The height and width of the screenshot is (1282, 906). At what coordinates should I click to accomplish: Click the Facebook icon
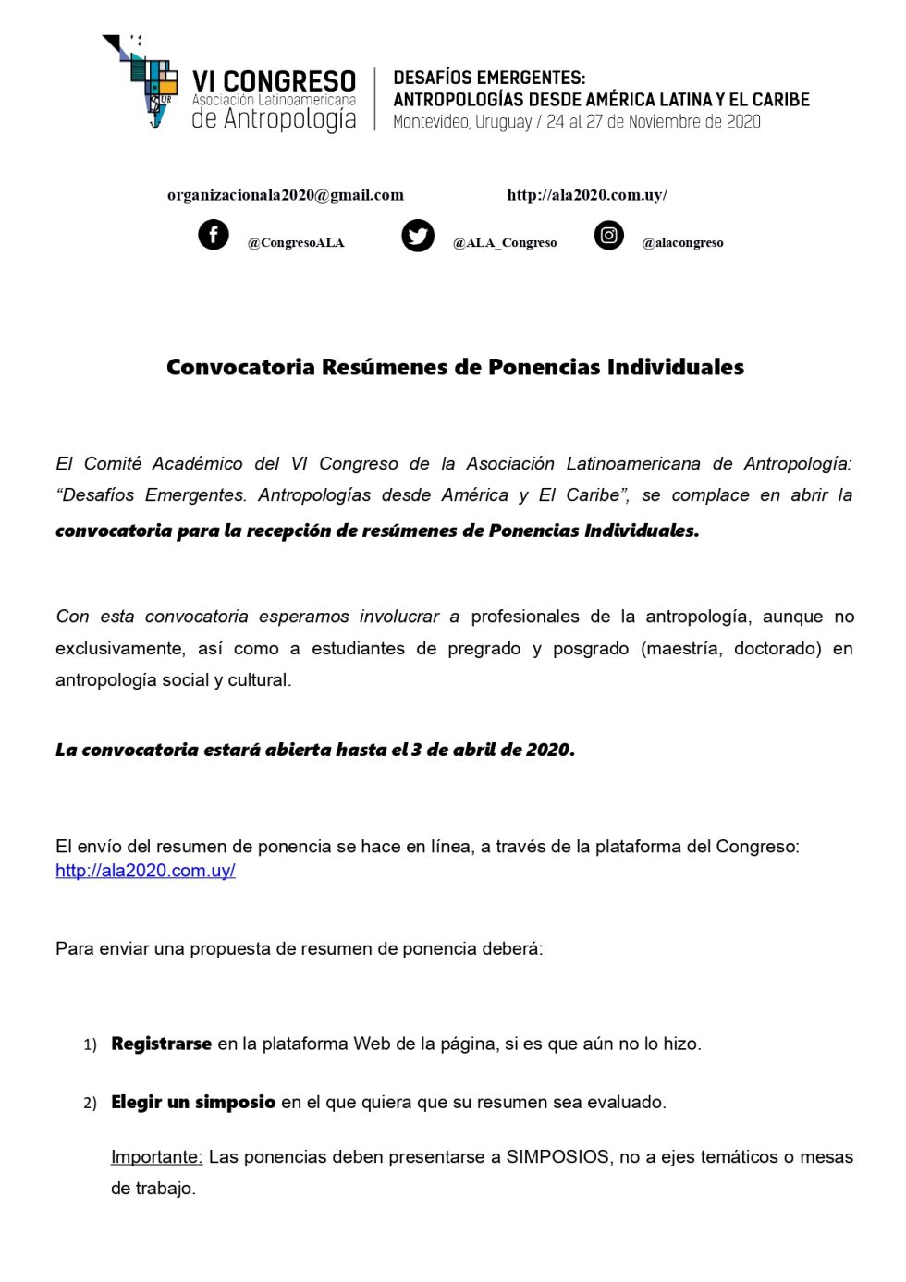click(x=214, y=235)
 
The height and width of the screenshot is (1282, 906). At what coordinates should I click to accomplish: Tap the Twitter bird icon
click(x=418, y=236)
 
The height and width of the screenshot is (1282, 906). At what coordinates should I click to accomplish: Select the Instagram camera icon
click(x=608, y=236)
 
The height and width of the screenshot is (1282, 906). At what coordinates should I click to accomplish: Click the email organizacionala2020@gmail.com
click(x=285, y=195)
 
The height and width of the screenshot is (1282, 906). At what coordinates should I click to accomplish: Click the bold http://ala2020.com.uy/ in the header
click(x=587, y=195)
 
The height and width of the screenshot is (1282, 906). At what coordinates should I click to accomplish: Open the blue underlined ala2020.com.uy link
click(x=145, y=871)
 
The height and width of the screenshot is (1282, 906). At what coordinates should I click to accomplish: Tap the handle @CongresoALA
click(x=296, y=243)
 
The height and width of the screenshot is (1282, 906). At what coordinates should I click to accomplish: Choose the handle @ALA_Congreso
click(x=505, y=243)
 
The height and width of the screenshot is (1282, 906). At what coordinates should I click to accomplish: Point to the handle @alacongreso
click(x=682, y=243)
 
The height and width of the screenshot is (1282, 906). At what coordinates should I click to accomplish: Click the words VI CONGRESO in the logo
click(x=274, y=81)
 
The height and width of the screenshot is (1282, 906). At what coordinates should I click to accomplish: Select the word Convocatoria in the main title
click(x=240, y=367)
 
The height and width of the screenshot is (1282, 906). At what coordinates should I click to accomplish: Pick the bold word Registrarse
click(x=161, y=1044)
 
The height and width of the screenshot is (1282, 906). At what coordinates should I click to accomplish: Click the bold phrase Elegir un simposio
click(x=193, y=1102)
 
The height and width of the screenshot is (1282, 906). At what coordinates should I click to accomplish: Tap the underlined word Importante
click(x=156, y=1157)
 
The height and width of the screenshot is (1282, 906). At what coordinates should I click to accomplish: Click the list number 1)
click(x=90, y=1044)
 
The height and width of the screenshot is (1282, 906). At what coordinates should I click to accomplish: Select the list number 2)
click(x=90, y=1103)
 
